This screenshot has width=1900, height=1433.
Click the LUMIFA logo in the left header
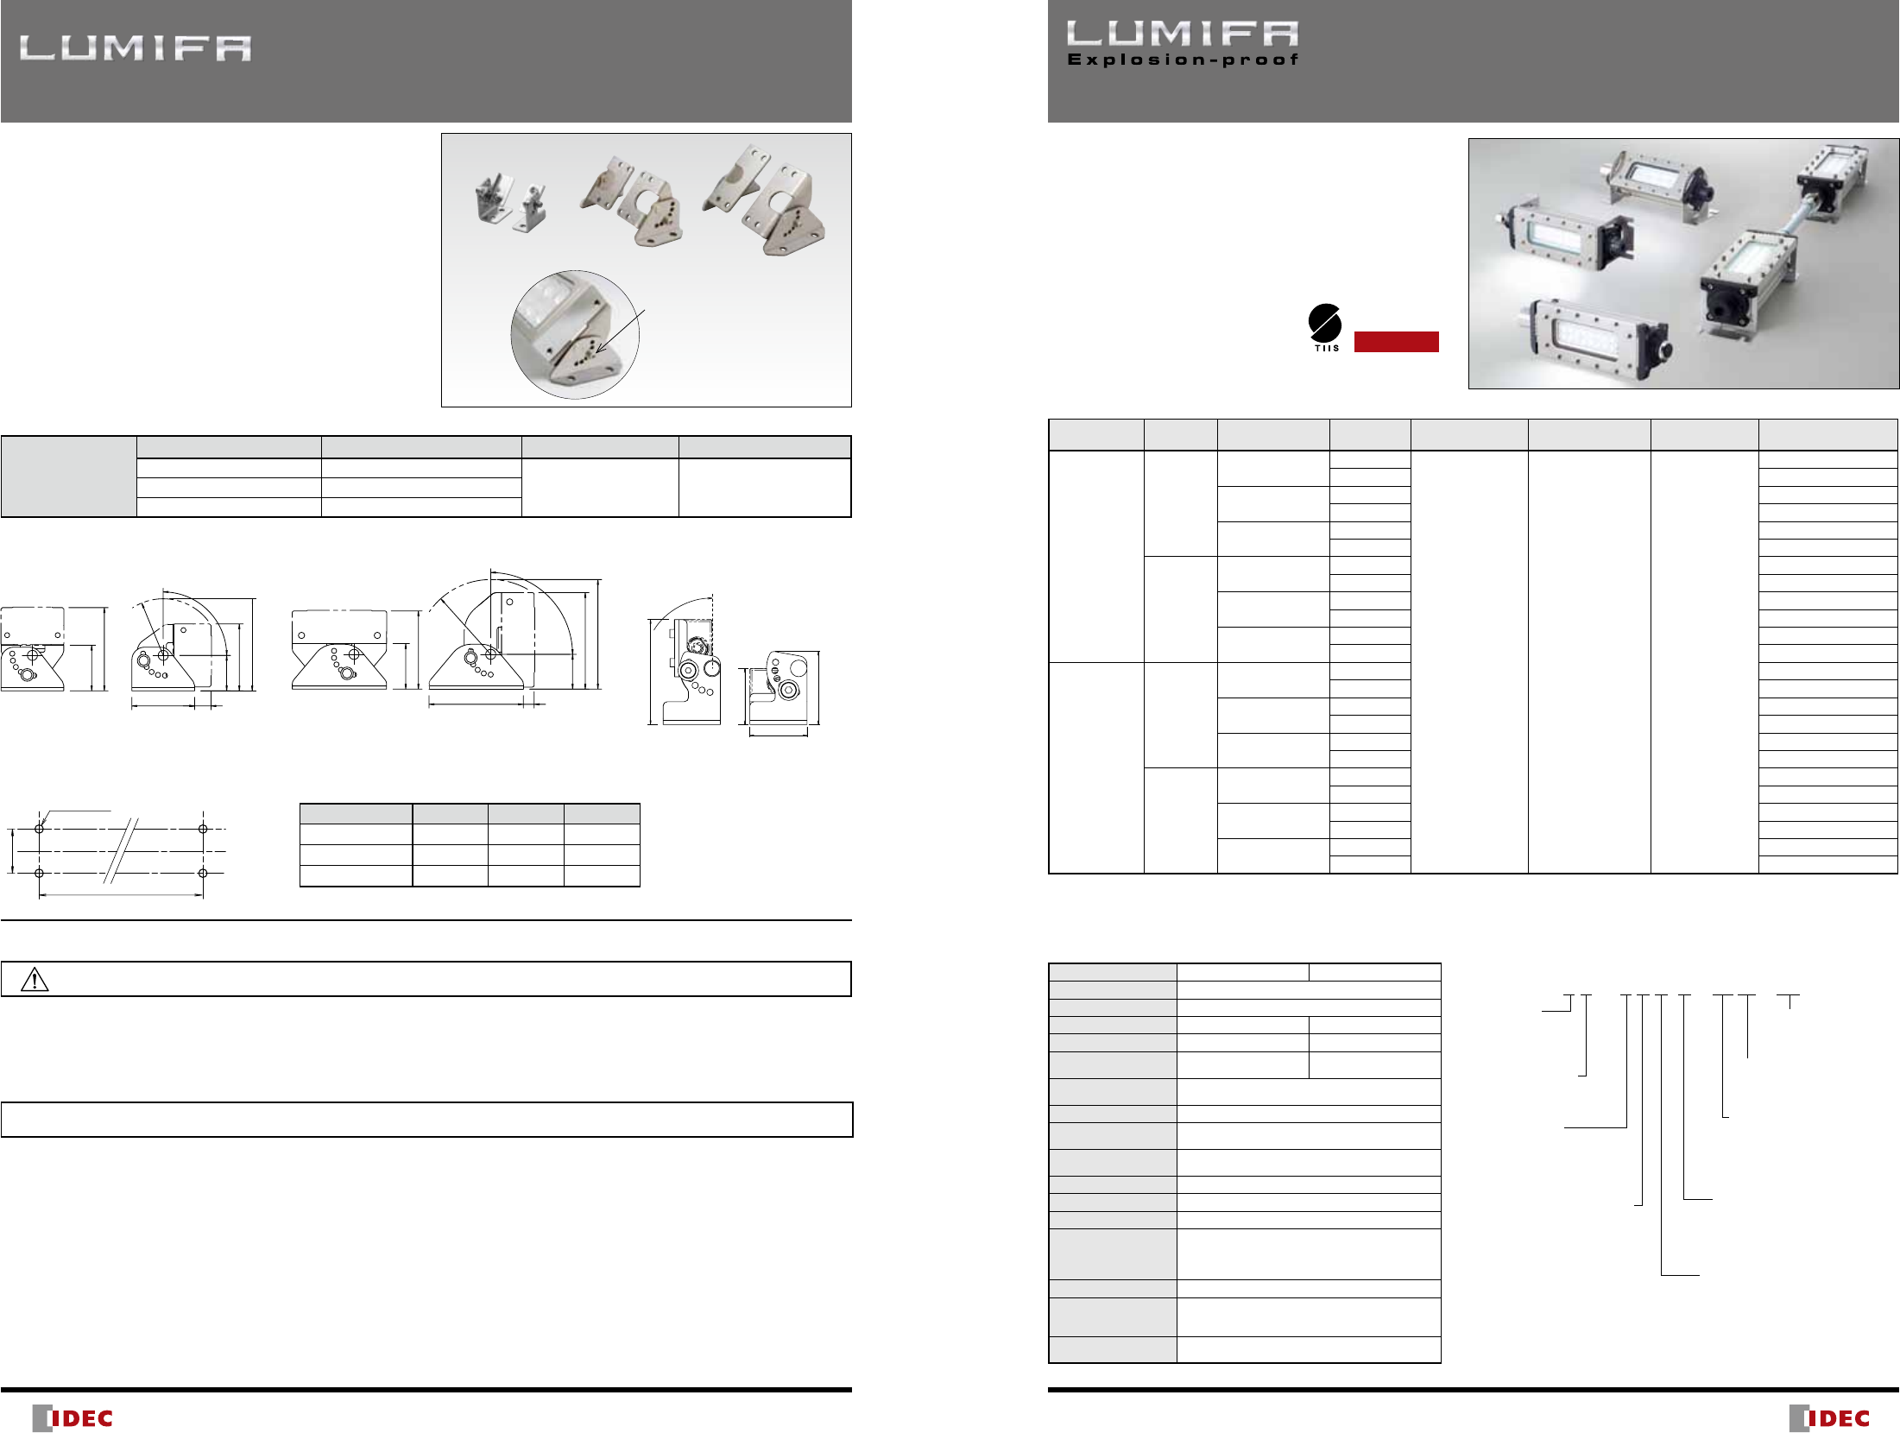136,48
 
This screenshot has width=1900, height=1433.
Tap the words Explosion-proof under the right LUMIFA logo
1183,60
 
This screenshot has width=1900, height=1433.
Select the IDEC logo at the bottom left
73,1417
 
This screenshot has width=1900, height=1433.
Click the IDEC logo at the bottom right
1829,1417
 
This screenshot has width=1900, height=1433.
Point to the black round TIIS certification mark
1325,323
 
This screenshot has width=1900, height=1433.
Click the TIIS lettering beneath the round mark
1327,349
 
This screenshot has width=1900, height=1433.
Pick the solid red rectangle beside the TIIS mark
1396,342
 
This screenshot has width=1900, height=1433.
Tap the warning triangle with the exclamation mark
35,979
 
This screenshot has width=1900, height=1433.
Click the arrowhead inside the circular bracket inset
600,348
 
